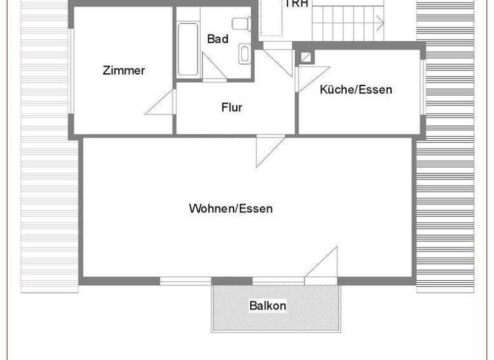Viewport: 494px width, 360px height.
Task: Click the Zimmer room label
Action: point(123,71)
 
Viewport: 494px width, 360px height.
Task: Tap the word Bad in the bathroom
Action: point(217,39)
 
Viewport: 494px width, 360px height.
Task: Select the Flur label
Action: point(232,107)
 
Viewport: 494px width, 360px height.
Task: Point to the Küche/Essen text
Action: point(356,89)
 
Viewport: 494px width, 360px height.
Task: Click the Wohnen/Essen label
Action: point(230,208)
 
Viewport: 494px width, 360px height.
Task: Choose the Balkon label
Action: point(268,305)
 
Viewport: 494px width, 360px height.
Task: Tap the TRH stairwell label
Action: point(296,4)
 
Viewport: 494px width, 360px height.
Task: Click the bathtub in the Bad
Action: point(188,50)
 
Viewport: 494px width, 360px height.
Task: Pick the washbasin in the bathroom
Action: point(244,53)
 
